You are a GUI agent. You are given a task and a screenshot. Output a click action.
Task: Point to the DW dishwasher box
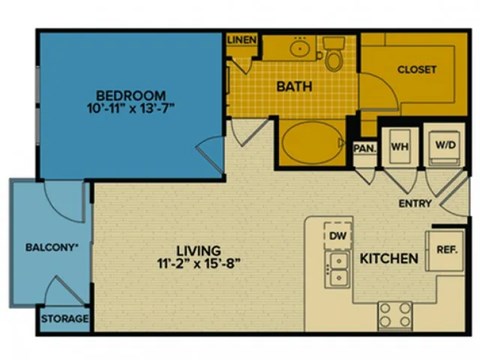[337, 236]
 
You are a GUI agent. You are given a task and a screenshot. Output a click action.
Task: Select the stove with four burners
[397, 314]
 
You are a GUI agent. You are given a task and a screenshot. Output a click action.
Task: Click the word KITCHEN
[388, 259]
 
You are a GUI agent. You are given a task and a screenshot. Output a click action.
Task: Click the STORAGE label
[64, 320]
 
